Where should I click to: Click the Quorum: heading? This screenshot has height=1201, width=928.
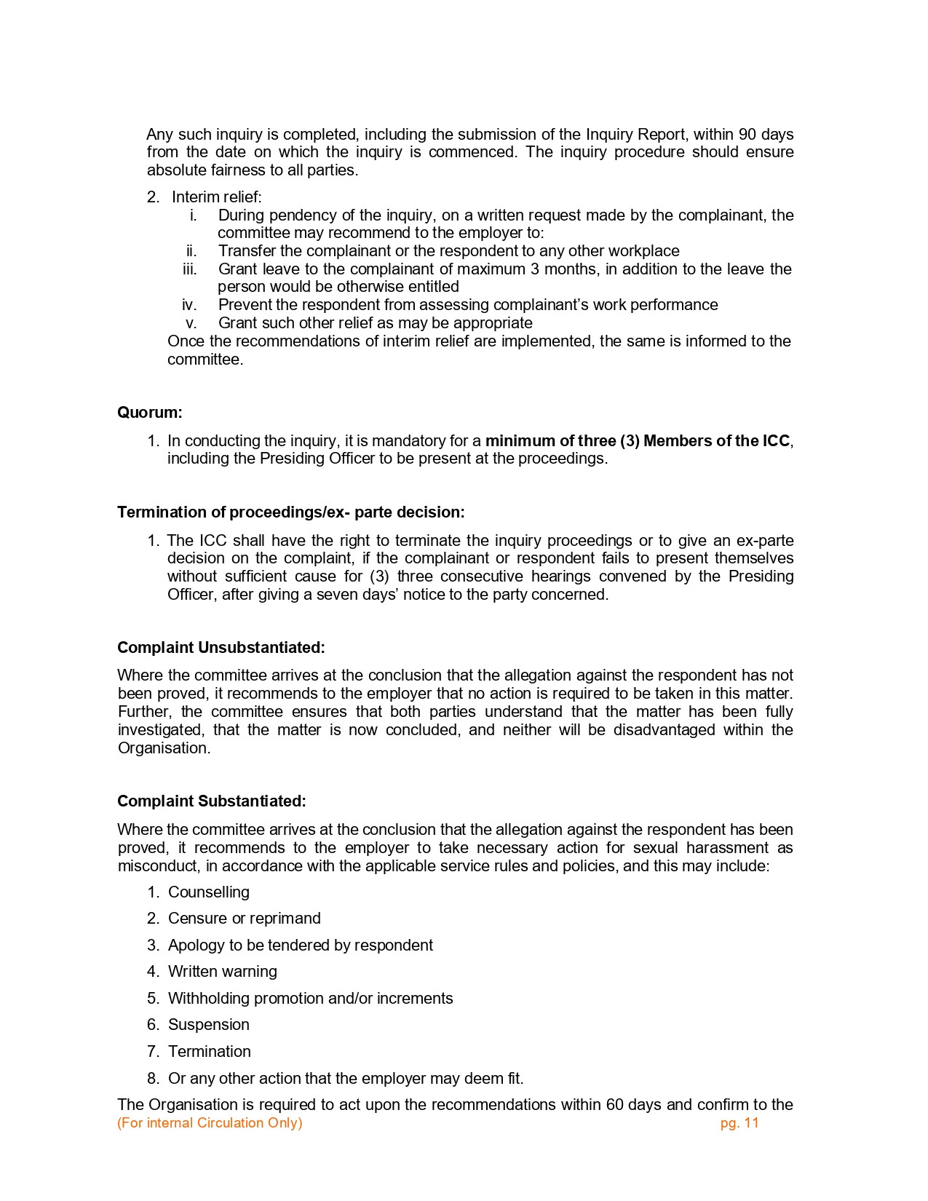[150, 413]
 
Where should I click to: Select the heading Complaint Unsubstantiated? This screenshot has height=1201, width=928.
[221, 648]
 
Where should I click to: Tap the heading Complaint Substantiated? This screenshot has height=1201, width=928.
[211, 801]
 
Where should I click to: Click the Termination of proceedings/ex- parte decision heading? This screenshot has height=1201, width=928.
[290, 512]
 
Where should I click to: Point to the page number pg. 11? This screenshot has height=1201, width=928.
[739, 1123]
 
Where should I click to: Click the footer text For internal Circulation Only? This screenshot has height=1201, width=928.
[210, 1123]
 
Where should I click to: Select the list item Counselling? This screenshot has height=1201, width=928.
[208, 892]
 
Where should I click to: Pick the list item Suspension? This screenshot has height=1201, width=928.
[208, 1025]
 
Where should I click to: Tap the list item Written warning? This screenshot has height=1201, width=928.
[222, 972]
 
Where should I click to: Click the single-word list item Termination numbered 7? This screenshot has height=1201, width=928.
[209, 1052]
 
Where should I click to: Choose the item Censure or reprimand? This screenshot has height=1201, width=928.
[244, 919]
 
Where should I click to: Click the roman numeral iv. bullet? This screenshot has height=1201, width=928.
[189, 305]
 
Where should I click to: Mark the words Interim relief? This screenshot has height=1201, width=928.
[216, 197]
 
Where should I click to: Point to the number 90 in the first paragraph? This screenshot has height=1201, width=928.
[747, 135]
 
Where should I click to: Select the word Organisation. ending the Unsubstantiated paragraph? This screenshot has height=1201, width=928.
[164, 748]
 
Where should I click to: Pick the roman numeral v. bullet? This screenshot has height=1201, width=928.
[191, 323]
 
